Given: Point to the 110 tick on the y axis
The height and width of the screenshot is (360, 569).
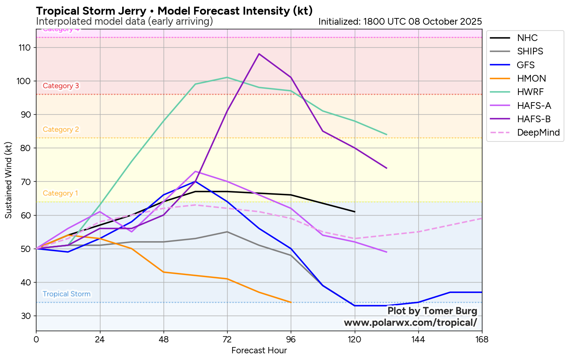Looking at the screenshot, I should coord(25,48).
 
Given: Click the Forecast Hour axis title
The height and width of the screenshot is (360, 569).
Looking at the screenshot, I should coord(259,350).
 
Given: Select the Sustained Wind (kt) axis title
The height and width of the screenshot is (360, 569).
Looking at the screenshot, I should coord(8,180).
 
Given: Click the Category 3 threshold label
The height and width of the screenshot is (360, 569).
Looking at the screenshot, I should coord(61,86).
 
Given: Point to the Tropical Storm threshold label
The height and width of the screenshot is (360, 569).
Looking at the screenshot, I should coord(67,294).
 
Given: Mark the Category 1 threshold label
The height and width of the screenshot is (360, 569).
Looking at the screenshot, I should coord(60,193).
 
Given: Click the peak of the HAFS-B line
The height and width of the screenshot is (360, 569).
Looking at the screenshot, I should coord(259,54).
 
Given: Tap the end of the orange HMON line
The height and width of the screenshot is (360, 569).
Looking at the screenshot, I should coord(291,302).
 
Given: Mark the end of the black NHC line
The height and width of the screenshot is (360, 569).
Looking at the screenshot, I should coord(355,212).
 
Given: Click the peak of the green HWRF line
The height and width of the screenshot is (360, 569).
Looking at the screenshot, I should coord(227,77).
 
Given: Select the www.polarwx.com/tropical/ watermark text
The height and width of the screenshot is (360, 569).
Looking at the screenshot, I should coord(410,323).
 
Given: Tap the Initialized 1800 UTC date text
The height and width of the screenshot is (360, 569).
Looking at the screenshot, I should coord(400,21).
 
